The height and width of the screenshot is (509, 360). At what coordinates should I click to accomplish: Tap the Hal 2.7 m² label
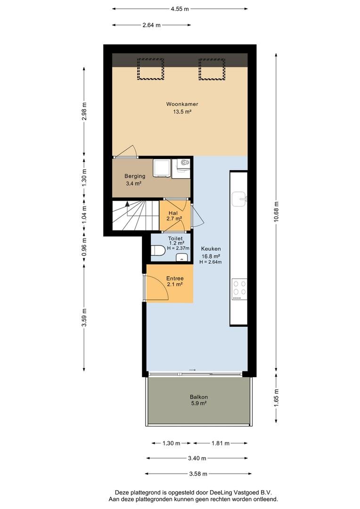[174, 216]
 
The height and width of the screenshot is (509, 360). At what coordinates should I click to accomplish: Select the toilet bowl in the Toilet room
[158, 250]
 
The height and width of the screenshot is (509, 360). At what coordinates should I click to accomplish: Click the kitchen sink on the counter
[242, 199]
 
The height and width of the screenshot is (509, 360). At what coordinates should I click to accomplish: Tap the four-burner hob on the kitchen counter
[239, 289]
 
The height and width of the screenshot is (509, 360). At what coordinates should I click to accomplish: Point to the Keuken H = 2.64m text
[210, 262]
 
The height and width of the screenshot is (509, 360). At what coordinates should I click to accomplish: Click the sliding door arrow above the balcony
[192, 369]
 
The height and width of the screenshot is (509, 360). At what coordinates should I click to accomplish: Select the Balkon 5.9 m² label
[199, 400]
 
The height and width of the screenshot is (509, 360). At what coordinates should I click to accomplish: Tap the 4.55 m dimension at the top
[180, 8]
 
